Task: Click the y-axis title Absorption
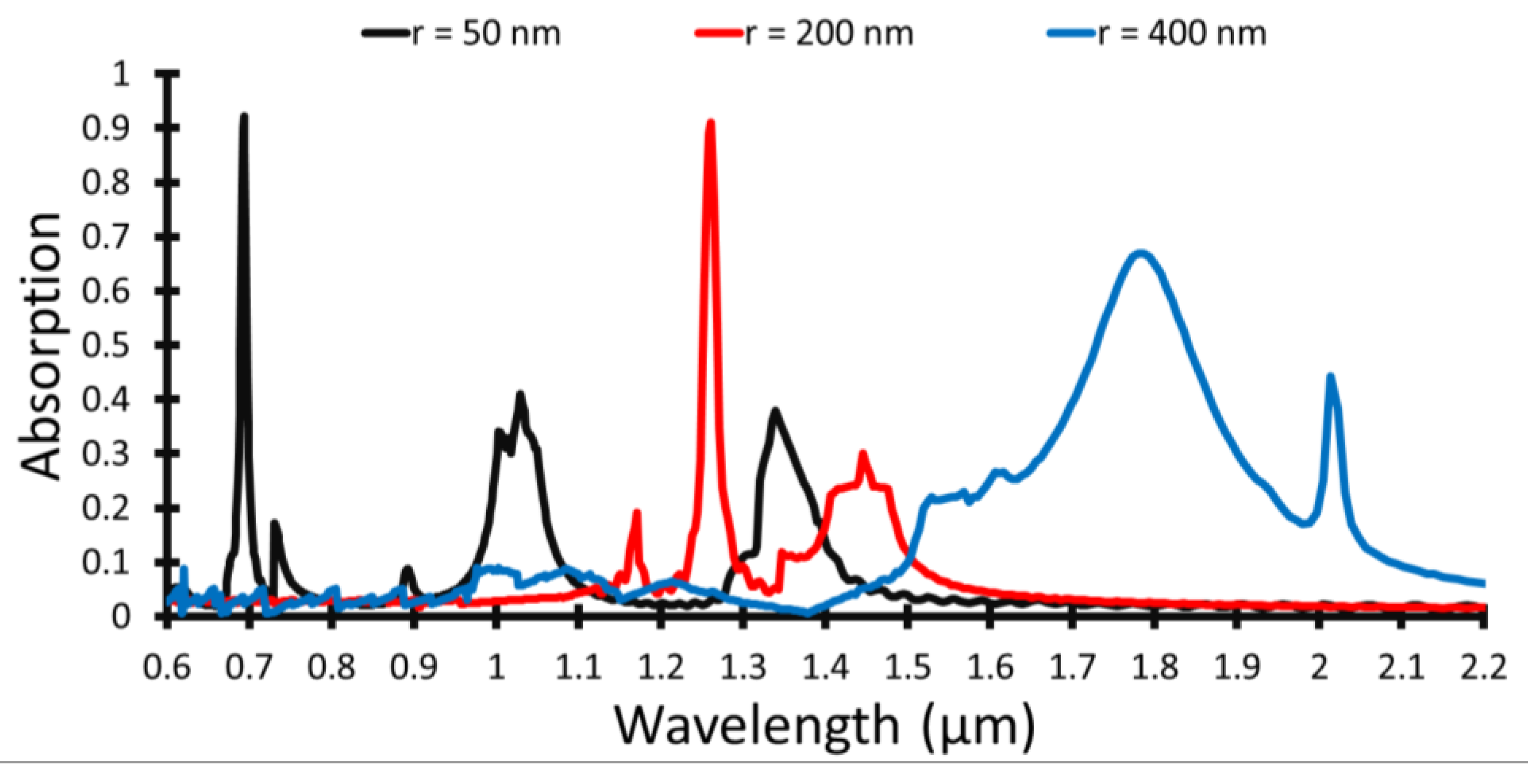click(40, 346)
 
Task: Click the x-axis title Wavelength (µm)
click(824, 725)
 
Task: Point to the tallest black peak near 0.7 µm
click(243, 117)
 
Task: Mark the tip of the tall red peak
click(710, 123)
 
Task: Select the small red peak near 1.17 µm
click(636, 512)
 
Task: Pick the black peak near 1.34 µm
click(775, 410)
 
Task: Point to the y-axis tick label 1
click(121, 74)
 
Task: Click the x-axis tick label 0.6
click(167, 668)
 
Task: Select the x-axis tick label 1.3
click(743, 668)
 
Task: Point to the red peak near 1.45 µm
click(863, 454)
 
